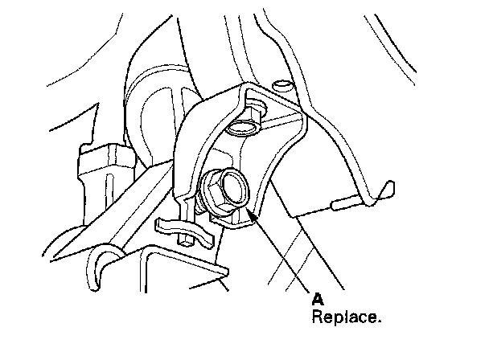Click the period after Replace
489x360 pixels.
pos(378,320)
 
